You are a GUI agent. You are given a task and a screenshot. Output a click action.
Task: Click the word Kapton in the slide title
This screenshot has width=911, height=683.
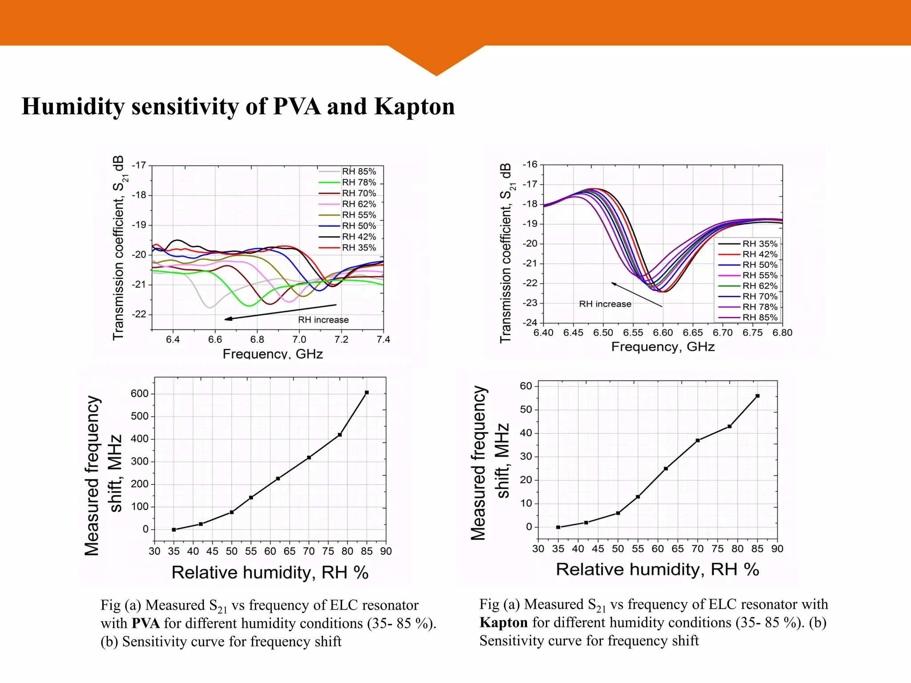click(x=414, y=107)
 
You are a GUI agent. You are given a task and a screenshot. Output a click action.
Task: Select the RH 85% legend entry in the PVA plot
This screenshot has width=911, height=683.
click(x=359, y=172)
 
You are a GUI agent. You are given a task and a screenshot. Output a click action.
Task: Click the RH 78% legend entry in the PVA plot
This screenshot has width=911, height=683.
click(x=359, y=182)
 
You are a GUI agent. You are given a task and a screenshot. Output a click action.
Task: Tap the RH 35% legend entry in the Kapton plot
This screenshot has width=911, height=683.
click(x=760, y=244)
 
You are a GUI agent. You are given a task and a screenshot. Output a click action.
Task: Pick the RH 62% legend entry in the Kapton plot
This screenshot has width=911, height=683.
click(x=760, y=286)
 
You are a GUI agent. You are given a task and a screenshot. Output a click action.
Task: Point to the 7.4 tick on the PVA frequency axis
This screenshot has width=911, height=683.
click(x=383, y=340)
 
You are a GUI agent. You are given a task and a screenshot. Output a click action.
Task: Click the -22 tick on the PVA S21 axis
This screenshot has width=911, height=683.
click(x=139, y=314)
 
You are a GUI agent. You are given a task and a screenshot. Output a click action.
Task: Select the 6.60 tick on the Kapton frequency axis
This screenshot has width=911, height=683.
click(x=663, y=333)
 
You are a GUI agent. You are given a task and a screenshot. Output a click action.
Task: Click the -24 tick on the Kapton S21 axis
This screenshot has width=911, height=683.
click(x=530, y=322)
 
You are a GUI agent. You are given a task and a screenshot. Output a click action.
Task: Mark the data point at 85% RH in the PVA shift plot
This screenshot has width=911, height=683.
click(x=367, y=393)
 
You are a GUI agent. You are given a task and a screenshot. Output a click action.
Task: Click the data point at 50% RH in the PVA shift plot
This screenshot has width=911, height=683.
click(x=232, y=512)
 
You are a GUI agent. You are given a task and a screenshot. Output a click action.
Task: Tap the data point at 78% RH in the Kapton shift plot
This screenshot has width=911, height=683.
click(x=730, y=426)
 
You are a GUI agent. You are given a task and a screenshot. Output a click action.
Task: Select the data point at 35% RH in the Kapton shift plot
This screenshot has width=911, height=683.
click(x=558, y=527)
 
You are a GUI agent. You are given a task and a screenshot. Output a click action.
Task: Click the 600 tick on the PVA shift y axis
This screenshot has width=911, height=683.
click(x=139, y=394)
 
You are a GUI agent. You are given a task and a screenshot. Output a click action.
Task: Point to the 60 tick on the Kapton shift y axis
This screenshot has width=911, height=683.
click(x=526, y=386)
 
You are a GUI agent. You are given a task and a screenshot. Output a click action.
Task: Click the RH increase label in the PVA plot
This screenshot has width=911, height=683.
click(x=323, y=320)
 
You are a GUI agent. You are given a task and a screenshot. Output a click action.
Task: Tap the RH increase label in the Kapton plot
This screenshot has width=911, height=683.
click(x=605, y=304)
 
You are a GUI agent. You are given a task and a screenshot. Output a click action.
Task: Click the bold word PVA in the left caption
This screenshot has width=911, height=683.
click(x=145, y=623)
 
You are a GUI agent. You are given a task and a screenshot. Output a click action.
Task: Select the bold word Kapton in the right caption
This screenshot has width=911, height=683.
click(x=504, y=623)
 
